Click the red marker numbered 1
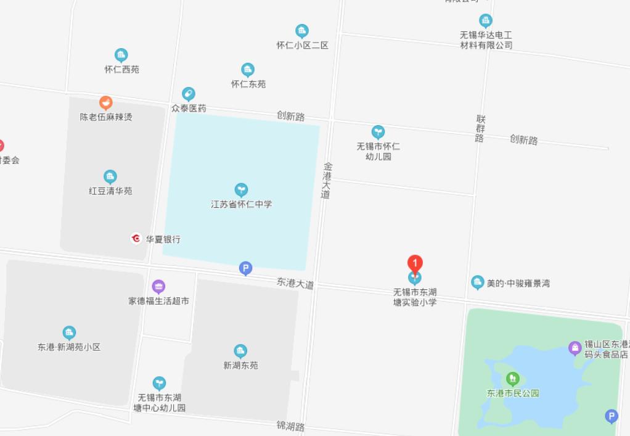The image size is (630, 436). pyautogui.click(x=415, y=264)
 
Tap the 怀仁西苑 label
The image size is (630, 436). pyautogui.click(x=121, y=69)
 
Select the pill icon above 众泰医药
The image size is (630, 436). pyautogui.click(x=189, y=94)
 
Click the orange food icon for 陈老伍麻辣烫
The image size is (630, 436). pyautogui.click(x=106, y=102)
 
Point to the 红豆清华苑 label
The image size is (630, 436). pyautogui.click(x=110, y=191)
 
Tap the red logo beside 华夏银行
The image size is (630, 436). pyautogui.click(x=136, y=238)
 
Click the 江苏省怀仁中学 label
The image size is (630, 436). pyautogui.click(x=241, y=204)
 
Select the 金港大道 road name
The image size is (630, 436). pyautogui.click(x=327, y=180)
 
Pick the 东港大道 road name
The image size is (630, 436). pyautogui.click(x=295, y=283)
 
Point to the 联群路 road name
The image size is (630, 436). pyautogui.click(x=480, y=128)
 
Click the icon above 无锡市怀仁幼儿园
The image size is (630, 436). pyautogui.click(x=378, y=132)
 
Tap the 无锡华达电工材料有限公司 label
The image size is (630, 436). pyautogui.click(x=486, y=40)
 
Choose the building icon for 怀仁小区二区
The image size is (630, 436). pyautogui.click(x=301, y=31)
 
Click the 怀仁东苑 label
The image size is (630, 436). pyautogui.click(x=248, y=84)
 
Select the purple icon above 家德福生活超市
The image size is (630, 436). pyautogui.click(x=158, y=286)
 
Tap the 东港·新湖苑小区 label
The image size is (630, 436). pyautogui.click(x=68, y=347)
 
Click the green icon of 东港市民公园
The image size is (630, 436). pyautogui.click(x=512, y=378)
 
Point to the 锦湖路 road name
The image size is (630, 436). pyautogui.click(x=290, y=426)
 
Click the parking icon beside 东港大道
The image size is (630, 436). pyautogui.click(x=245, y=268)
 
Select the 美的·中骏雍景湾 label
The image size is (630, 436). pyautogui.click(x=518, y=284)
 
